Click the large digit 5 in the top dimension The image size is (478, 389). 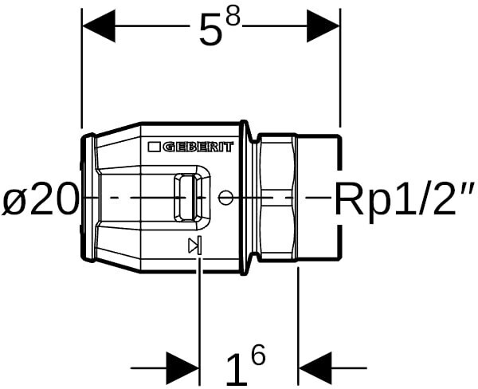point(211,33)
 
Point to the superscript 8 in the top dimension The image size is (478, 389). point(233,19)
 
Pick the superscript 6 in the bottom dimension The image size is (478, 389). point(257,356)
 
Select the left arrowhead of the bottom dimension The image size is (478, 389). point(182,367)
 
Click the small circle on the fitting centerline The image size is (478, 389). point(226,197)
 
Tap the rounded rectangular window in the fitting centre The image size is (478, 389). point(188,196)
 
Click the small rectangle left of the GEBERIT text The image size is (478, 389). point(154,147)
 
